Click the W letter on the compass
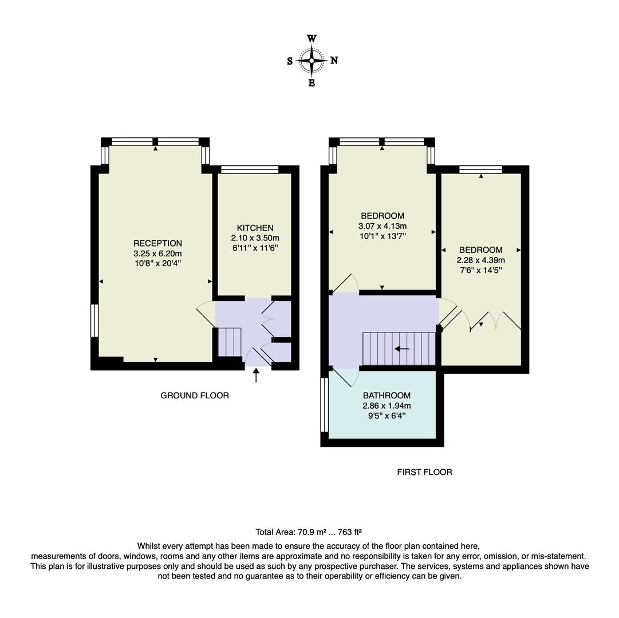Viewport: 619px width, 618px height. (x=312, y=39)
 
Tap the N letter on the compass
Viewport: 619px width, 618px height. (x=334, y=61)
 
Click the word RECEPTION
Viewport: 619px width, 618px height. (x=157, y=243)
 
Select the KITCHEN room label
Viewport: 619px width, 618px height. (x=255, y=228)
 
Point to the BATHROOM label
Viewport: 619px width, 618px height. (x=387, y=395)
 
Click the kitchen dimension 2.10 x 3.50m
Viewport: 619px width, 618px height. (x=255, y=238)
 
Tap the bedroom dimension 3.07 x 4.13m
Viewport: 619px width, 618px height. (x=382, y=226)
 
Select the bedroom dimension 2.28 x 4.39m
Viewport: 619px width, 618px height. (x=481, y=260)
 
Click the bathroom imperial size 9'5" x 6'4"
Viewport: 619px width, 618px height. (x=387, y=416)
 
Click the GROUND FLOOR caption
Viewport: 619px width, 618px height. (x=195, y=395)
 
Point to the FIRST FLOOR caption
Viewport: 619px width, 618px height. (x=424, y=472)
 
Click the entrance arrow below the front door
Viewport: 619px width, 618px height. (x=256, y=375)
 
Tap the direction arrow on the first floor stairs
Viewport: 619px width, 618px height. (x=402, y=348)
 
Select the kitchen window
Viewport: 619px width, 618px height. (x=250, y=169)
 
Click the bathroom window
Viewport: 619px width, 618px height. (x=325, y=405)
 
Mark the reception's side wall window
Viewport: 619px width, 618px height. (x=94, y=320)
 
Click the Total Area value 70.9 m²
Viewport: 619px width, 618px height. (x=309, y=532)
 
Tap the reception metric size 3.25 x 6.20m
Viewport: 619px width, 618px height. (x=157, y=253)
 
